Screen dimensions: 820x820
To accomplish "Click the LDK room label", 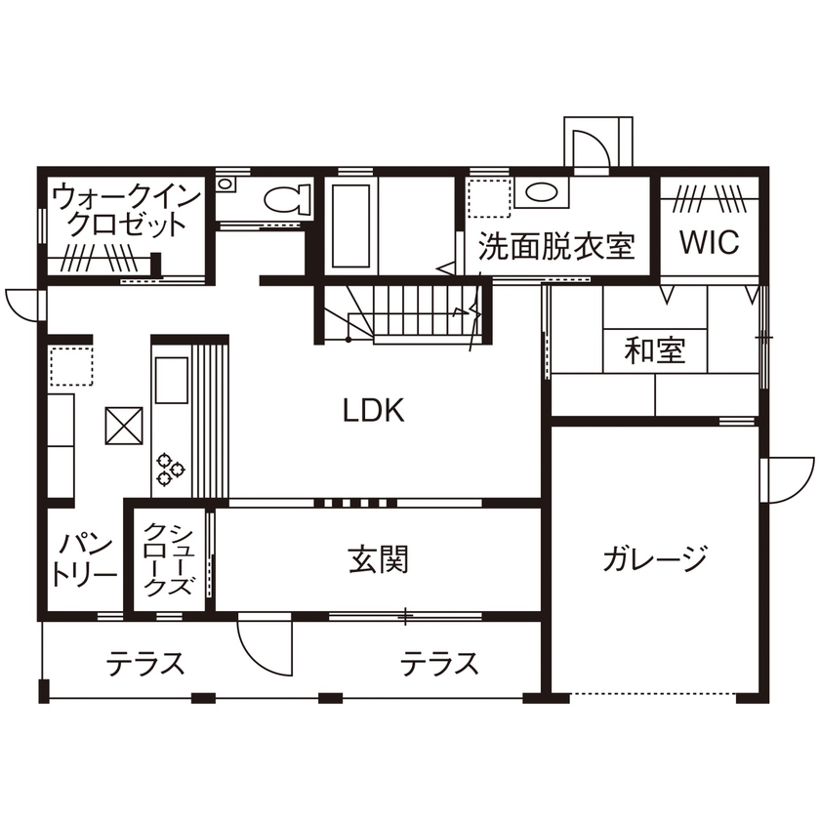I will (x=373, y=411).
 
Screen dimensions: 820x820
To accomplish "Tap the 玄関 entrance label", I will (x=378, y=559).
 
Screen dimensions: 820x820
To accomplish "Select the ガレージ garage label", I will (x=654, y=559).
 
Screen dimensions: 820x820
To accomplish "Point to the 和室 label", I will (x=655, y=350).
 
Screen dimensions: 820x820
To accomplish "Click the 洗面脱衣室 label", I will (x=556, y=245).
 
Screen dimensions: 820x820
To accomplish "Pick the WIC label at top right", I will (x=709, y=243).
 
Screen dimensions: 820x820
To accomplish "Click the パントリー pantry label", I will (x=84, y=559).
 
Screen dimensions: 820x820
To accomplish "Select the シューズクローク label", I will (x=170, y=560).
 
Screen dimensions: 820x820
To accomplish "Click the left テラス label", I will (x=145, y=665).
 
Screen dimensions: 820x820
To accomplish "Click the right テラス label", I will (x=439, y=665).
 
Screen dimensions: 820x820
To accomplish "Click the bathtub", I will (x=350, y=225).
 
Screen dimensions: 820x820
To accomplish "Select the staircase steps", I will (x=420, y=311).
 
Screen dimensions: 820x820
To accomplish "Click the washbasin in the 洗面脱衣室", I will (x=538, y=192).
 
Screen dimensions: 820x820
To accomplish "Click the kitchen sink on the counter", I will (x=169, y=381).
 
